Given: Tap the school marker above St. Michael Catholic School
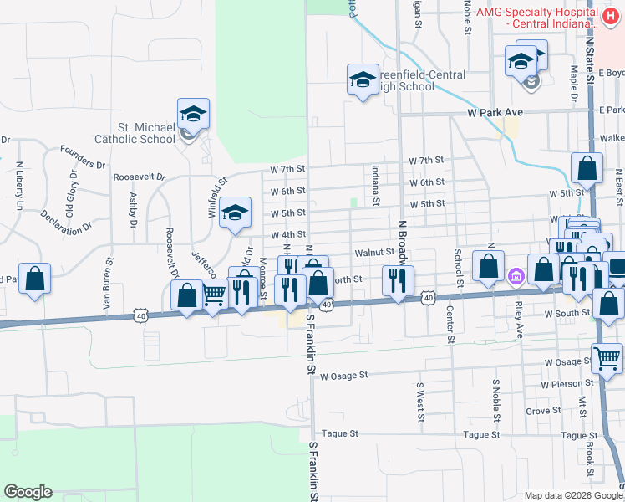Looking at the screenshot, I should pos(193,115).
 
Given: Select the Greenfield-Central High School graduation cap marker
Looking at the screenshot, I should pos(362,79).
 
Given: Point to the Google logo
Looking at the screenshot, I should pos(28,492).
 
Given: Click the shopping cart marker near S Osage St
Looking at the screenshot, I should pos(607,359).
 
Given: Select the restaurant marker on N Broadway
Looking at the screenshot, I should pos(398,279).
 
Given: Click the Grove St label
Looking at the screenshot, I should pos(543,411).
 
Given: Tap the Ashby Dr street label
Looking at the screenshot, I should pos(133,210).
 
